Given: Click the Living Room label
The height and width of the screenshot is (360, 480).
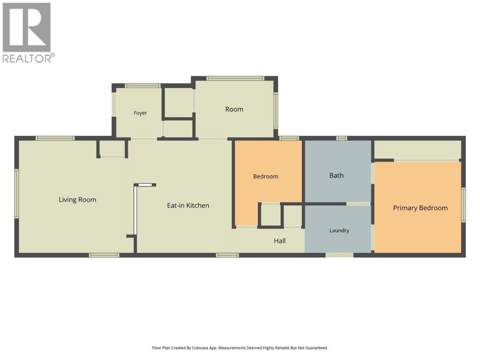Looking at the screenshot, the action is coord(77,200).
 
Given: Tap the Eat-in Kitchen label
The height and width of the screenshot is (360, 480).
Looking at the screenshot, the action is coord(188,205).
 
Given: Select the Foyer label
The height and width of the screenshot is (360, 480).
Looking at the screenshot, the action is coord(140,113).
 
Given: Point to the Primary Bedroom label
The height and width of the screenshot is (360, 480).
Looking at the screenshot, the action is coord(420,208).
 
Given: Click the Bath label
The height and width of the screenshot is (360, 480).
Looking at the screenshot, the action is coord(336,175).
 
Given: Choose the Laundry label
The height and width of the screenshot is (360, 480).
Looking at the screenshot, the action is coord(339,231).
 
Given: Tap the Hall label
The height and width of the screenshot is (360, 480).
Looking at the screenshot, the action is coord(280,241).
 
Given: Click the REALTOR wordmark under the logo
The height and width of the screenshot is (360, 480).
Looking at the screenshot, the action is coord(28,58).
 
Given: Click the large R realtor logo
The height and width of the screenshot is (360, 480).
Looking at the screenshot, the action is coord(27,27).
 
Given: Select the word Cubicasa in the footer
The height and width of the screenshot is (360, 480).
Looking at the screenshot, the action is coord(200,348).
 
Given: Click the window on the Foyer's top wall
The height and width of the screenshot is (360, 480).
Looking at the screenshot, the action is coord(143,85).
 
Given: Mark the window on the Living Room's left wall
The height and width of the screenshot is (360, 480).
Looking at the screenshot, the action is coord(16,193).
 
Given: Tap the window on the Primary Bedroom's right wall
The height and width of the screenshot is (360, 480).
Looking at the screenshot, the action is coord(463,205).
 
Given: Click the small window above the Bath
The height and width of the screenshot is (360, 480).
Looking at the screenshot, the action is coord(342,138).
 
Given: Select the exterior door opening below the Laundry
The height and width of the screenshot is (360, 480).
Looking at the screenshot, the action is coord(339,255).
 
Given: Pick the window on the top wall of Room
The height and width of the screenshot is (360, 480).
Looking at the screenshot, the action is coord(235,78).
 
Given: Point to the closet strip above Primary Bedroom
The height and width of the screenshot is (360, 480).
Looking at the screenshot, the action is coord(417,149).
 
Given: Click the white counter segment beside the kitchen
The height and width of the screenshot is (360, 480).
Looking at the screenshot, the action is coord(136,210).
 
